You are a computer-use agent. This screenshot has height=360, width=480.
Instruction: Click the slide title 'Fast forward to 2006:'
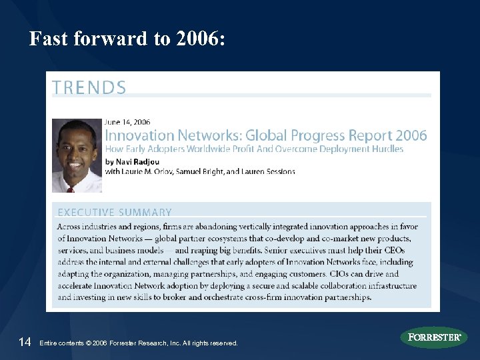point(127,39)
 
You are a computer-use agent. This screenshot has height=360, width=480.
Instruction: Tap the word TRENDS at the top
point(89,87)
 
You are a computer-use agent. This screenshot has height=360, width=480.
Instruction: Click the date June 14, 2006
point(127,122)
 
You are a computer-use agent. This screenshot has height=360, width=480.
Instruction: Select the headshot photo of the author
point(77,155)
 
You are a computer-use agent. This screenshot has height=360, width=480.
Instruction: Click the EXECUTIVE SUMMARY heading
point(115,213)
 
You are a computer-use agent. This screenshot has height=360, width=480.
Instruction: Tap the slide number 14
point(25,342)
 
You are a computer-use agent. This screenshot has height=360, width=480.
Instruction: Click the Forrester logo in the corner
point(433,337)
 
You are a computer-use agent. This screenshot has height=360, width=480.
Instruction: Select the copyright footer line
point(139,343)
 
